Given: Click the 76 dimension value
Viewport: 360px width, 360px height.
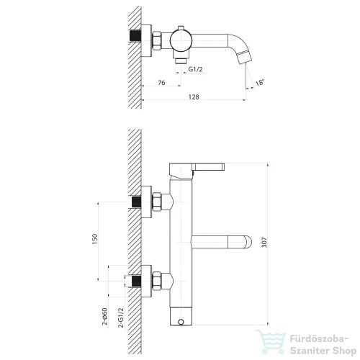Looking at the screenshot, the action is coord(161,83).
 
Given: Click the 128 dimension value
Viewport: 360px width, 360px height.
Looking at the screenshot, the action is coord(194,96).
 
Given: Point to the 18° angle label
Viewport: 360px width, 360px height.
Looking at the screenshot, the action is coord(260,83).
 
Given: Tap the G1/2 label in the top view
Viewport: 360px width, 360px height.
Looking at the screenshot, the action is coord(195,69).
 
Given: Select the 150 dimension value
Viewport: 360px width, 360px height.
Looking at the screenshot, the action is coord(95,239).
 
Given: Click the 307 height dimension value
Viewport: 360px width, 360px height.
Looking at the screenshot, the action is coord(264,243).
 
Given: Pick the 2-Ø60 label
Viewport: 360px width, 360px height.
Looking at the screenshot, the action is coord(105,316).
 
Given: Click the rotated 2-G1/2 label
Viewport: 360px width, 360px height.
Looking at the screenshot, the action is coord(121,318).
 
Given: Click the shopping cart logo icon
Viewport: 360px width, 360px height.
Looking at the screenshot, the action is coord(271,341).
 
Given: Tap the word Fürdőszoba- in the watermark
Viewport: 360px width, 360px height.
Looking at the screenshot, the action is coord(319,339).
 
